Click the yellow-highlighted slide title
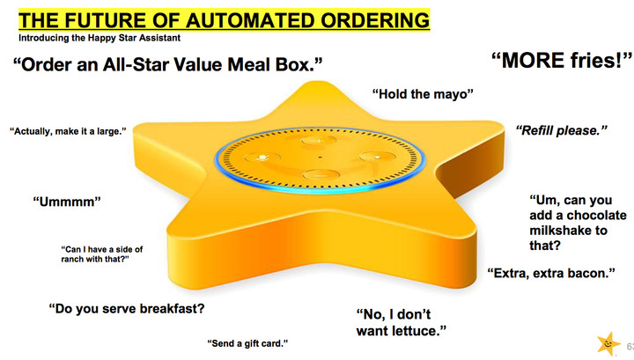click(x=224, y=19)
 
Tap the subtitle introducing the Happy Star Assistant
click(x=100, y=38)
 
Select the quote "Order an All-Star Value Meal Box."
click(x=168, y=64)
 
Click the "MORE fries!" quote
click(x=562, y=61)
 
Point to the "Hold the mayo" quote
click(x=423, y=94)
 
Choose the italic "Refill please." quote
click(x=562, y=130)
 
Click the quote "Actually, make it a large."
click(x=68, y=131)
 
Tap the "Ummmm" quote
click(x=67, y=202)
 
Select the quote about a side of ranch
click(x=102, y=254)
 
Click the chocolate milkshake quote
click(x=578, y=223)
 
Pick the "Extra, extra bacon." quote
click(x=551, y=273)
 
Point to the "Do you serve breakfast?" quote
click(x=127, y=309)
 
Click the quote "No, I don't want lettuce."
click(x=402, y=322)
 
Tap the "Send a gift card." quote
click(x=247, y=343)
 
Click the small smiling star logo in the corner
click(x=608, y=344)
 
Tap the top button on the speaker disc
click(x=319, y=141)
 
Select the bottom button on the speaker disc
click(x=321, y=175)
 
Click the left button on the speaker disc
click(x=262, y=158)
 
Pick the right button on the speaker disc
click(x=377, y=157)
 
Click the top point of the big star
click(x=313, y=82)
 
